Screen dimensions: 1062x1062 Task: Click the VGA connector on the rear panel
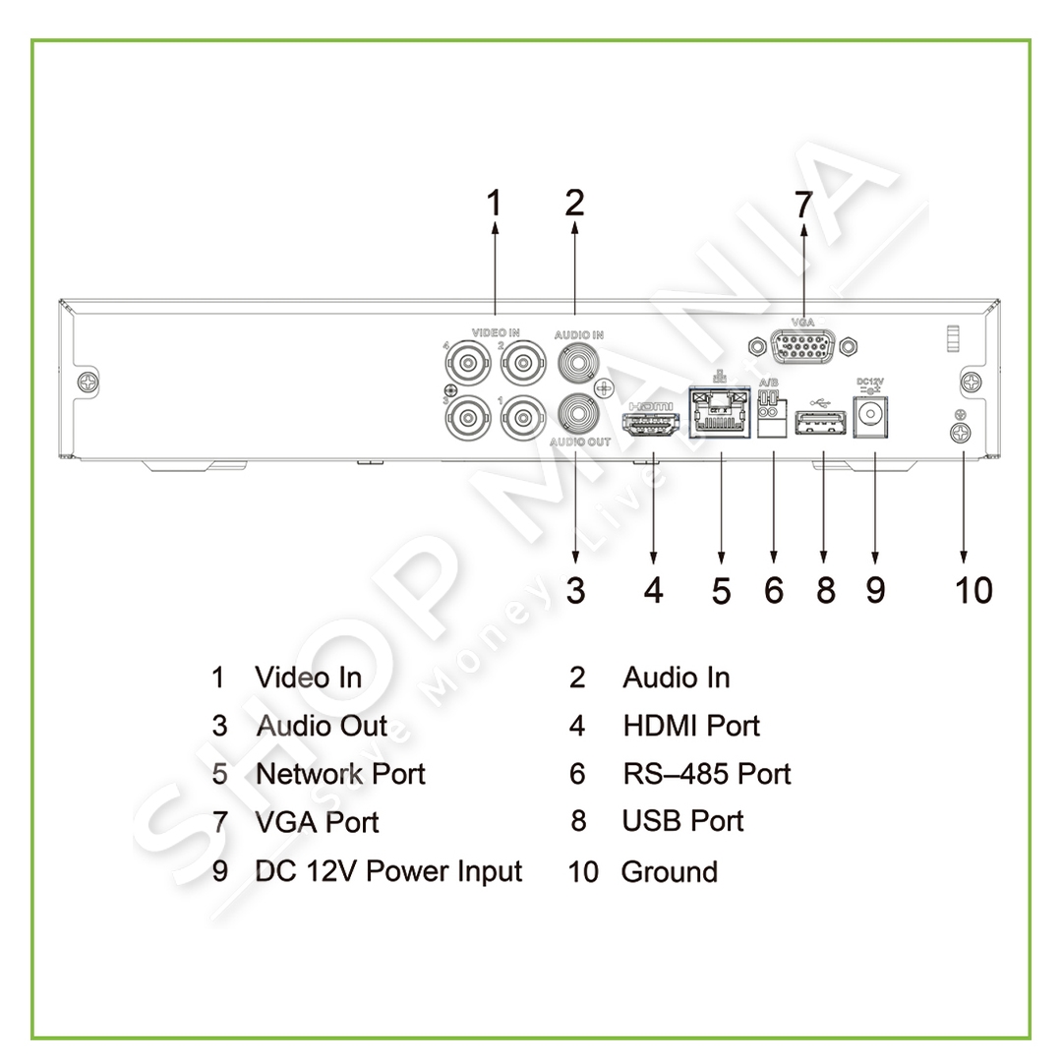[803, 346]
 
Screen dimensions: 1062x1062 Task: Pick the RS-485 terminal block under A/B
[773, 421]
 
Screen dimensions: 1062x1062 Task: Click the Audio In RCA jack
[577, 364]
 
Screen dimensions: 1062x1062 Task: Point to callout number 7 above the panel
[804, 205]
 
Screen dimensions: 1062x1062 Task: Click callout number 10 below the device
[973, 590]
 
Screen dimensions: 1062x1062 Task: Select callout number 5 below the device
[722, 590]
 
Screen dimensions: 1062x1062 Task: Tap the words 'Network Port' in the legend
[340, 774]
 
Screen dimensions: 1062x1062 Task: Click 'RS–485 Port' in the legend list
[706, 774]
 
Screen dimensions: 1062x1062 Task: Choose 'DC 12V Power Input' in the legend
[388, 871]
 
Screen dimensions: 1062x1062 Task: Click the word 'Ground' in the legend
[669, 872]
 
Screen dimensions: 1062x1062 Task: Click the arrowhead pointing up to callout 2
[574, 226]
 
